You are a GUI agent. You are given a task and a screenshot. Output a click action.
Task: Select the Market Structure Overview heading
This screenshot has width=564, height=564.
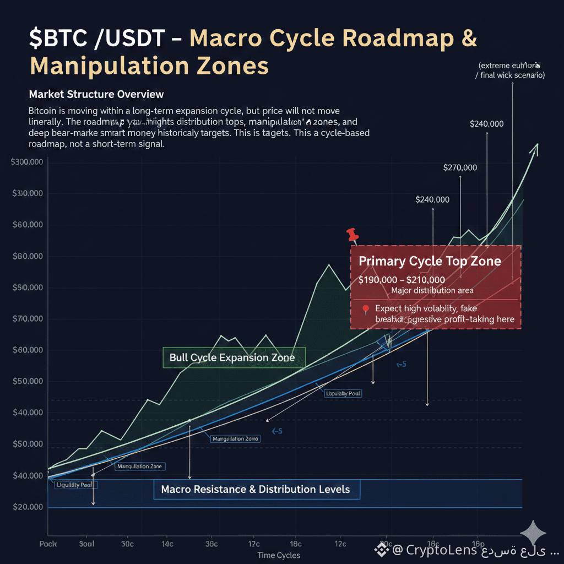point(96,94)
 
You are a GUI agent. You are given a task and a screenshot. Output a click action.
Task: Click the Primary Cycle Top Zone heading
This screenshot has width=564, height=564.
point(430,261)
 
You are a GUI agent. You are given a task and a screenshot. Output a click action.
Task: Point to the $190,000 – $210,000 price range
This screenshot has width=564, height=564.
point(402,280)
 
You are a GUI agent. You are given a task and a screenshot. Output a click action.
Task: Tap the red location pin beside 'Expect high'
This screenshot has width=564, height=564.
point(365,310)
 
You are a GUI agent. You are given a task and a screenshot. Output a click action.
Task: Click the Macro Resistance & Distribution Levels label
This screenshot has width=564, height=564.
point(256,489)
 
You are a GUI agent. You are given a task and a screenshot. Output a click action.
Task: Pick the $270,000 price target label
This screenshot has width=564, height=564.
point(460,168)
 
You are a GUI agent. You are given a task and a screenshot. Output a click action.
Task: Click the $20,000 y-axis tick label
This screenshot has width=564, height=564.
point(28,507)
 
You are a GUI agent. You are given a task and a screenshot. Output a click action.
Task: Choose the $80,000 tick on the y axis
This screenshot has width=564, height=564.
point(28,257)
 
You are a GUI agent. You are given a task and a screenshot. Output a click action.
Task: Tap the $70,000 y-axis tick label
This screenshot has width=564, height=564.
point(28,319)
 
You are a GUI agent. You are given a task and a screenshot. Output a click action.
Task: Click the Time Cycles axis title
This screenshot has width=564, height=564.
point(279,555)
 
